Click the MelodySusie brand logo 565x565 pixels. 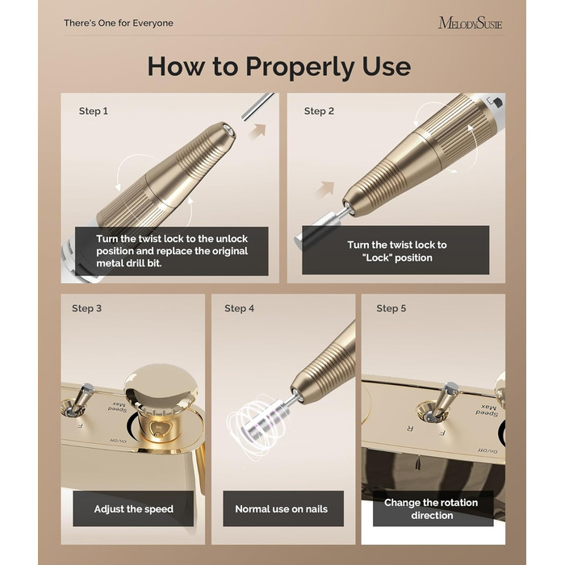470,23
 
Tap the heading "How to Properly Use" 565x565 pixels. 279,67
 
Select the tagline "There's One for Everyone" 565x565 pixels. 119,23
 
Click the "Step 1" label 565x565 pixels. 94,111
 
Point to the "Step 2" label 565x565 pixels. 319,111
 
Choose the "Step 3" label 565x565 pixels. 86,308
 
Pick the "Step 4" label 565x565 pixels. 239,308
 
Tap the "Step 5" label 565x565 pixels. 391,308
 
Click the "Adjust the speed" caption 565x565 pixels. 133,508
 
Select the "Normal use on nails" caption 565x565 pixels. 282,508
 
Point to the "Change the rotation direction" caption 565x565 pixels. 431,508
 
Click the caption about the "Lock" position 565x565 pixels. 397,251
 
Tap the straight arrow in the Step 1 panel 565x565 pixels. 257,131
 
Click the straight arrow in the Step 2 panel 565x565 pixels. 324,190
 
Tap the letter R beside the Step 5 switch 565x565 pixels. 410,429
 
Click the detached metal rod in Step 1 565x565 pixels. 258,107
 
